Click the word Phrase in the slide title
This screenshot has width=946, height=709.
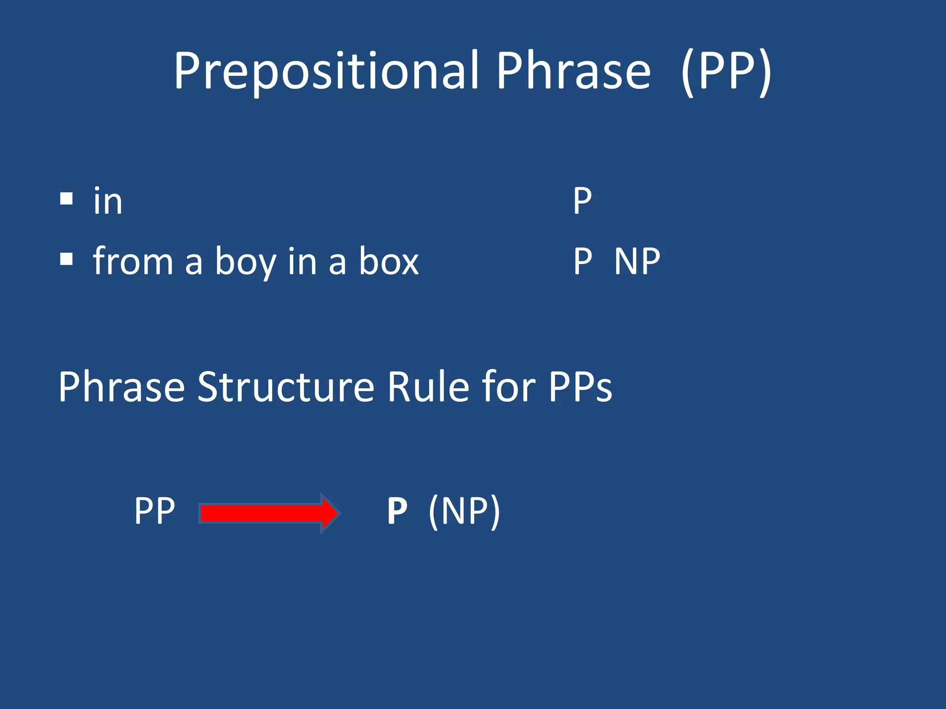573,72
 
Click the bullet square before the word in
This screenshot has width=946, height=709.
67,199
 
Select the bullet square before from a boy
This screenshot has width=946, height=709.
67,259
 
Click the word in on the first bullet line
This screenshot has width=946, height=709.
108,202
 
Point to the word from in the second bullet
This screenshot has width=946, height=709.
133,261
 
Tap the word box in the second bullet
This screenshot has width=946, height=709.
389,261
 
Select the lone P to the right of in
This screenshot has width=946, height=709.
582,201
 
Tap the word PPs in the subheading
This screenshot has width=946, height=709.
580,387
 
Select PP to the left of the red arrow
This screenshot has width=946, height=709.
154,511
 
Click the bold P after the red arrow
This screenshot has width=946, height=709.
397,511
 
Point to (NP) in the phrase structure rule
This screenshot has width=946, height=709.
464,511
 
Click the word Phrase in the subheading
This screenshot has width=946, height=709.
121,387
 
